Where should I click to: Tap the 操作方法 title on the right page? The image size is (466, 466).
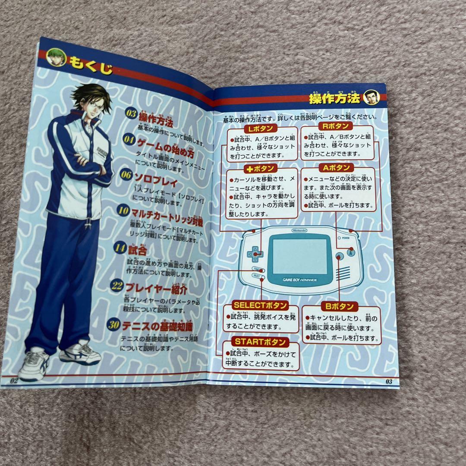click(334, 99)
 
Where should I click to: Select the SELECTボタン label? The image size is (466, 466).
click(260, 305)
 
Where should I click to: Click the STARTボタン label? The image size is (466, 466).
click(260, 342)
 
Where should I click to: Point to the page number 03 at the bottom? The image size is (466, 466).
click(388, 381)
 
